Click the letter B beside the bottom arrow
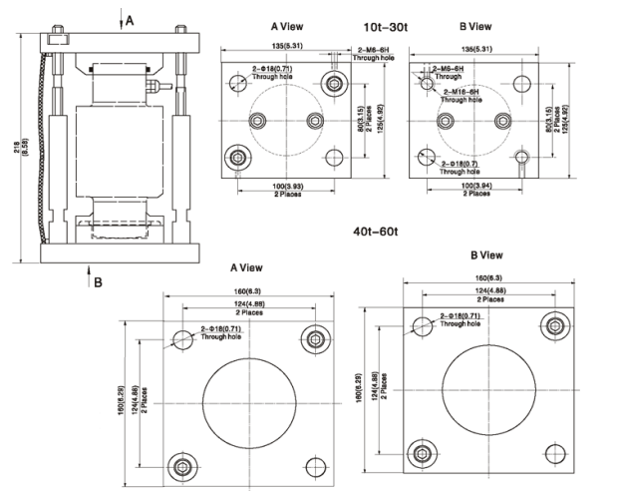pos(98,282)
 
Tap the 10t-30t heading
pos(386,27)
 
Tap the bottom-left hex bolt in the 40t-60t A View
pos(179,465)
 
